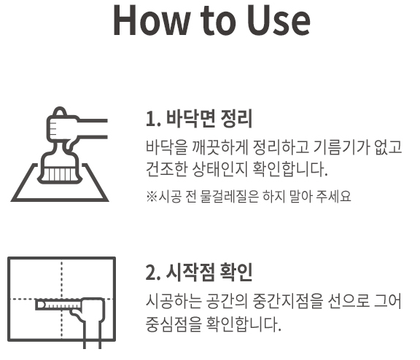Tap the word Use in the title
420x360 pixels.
pyautogui.click(x=279, y=20)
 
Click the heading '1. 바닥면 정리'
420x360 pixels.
pyautogui.click(x=199, y=119)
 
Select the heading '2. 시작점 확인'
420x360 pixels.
pyautogui.click(x=199, y=273)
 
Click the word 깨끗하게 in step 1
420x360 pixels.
pyautogui.click(x=220, y=147)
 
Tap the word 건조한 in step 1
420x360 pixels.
pyautogui.click(x=166, y=169)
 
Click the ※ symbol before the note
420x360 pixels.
pyautogui.click(x=152, y=196)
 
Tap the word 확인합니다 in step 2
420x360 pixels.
pyautogui.click(x=243, y=324)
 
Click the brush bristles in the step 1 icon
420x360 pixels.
pyautogui.click(x=60, y=174)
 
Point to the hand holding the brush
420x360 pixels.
pyautogui.click(x=62, y=126)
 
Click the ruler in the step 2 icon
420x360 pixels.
pyautogui.click(x=58, y=305)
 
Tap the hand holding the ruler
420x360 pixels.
pyautogui.click(x=90, y=313)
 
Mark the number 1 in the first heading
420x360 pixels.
pyautogui.click(x=150, y=119)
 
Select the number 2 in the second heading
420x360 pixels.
pyautogui.click(x=150, y=273)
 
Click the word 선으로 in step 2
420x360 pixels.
pyautogui.click(x=349, y=301)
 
